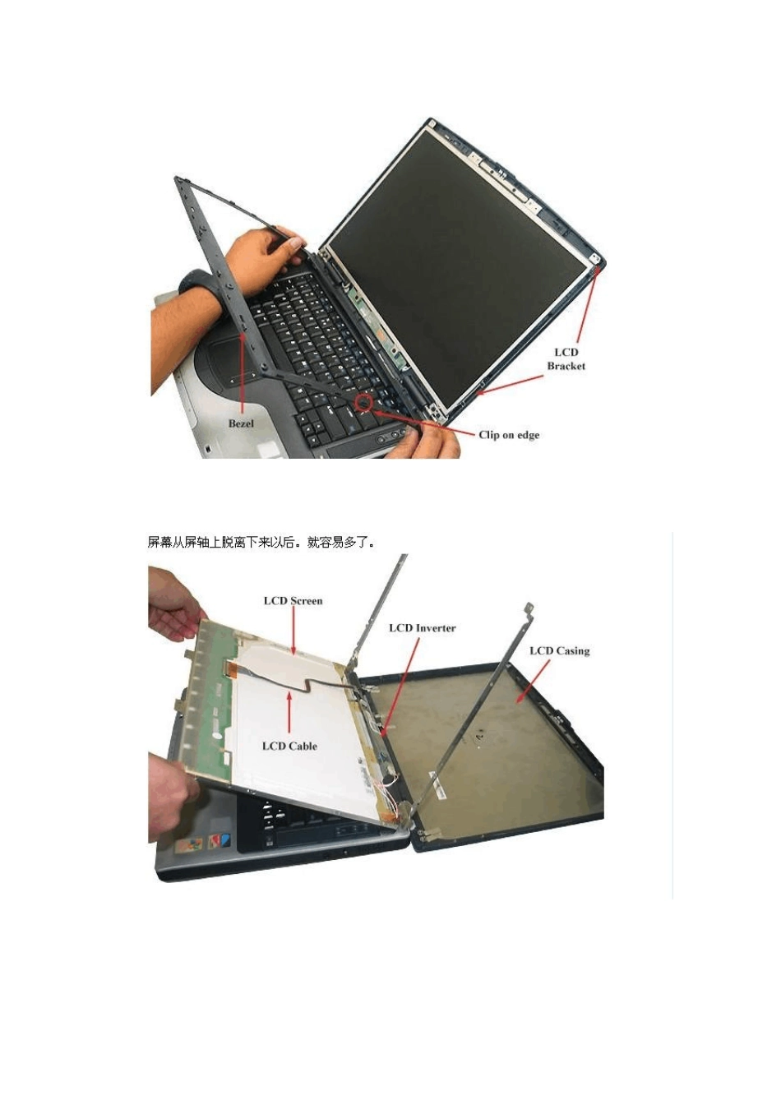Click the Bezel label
pyautogui.click(x=241, y=423)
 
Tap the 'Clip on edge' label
pyautogui.click(x=509, y=435)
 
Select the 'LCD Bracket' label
pyautogui.click(x=566, y=358)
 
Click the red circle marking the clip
pyautogui.click(x=364, y=403)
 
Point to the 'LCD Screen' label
pyautogui.click(x=293, y=601)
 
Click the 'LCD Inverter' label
pyautogui.click(x=423, y=628)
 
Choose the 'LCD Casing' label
pyautogui.click(x=560, y=650)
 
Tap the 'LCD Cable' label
pyautogui.click(x=289, y=746)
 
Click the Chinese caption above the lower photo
pyautogui.click(x=261, y=543)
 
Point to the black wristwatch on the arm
pyautogui.click(x=193, y=285)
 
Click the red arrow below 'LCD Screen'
pyautogui.click(x=294, y=631)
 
